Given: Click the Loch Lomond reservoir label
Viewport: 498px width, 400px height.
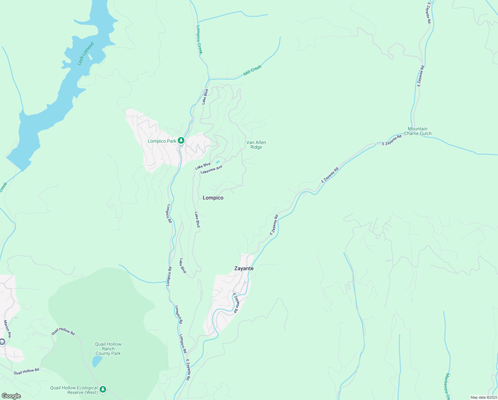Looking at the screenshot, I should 86,54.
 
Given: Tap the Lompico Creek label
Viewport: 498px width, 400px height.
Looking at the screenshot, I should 199,39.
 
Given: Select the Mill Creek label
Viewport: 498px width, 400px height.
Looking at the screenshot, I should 252,70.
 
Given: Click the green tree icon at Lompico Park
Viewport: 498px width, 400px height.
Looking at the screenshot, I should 181,141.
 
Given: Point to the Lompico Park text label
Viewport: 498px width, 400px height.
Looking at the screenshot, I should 162,141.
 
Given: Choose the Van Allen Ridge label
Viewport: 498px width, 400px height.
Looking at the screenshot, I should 256,145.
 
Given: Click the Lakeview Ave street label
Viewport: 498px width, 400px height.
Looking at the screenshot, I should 211,169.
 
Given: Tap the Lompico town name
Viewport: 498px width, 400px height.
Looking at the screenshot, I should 213,198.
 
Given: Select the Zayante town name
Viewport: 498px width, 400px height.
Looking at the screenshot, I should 244,268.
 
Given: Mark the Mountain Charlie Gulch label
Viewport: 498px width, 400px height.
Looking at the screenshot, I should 417,131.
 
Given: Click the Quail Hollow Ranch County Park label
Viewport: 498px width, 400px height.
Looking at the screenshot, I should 108,349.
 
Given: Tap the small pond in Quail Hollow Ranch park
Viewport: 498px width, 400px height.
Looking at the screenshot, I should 97,361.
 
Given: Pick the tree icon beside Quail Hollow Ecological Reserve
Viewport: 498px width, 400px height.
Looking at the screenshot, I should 103,389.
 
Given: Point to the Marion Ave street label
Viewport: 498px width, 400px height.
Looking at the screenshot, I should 7,329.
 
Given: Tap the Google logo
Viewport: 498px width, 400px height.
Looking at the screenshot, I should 11,396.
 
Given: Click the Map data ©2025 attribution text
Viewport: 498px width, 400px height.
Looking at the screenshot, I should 483,397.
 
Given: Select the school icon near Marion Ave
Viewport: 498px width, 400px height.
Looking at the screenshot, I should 2,342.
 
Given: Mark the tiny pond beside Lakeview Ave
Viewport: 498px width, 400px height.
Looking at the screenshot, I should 218,162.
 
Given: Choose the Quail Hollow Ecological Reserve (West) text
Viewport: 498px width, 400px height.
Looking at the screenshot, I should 74,390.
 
